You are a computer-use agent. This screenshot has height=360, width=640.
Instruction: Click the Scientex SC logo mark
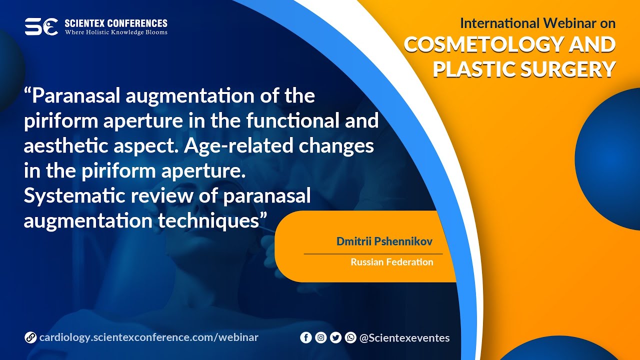click(41, 26)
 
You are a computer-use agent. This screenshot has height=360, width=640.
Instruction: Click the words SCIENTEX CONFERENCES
click(116, 23)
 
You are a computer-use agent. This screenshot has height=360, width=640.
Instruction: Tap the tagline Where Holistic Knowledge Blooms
click(116, 32)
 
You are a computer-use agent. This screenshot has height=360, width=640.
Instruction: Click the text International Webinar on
click(537, 23)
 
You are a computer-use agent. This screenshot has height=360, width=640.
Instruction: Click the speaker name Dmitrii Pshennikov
click(384, 242)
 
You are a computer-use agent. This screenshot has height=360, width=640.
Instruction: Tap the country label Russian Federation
click(392, 262)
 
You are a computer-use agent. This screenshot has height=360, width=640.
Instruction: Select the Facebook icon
click(306, 338)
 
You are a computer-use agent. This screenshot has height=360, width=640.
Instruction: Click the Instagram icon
click(321, 338)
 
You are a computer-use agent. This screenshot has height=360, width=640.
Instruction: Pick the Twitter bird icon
click(336, 338)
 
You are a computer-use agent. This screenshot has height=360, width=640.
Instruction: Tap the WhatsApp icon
click(350, 338)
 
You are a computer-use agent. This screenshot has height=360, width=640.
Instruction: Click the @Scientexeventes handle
click(404, 338)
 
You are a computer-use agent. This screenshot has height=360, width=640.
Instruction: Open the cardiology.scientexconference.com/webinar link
click(148, 337)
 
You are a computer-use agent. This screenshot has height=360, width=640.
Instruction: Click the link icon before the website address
click(30, 338)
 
